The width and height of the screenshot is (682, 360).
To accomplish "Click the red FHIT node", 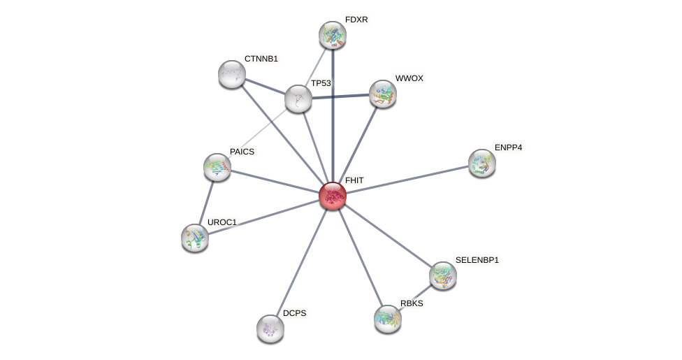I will click(333, 196).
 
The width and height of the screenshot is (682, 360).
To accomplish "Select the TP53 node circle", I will click(298, 99).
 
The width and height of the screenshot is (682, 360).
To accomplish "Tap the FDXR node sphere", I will click(333, 35).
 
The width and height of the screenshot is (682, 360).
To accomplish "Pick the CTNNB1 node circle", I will click(232, 74).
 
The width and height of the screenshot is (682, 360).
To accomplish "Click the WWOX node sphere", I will click(383, 94).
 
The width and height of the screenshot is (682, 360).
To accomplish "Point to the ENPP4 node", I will click(482, 163).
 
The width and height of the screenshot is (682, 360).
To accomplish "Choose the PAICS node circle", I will click(217, 167).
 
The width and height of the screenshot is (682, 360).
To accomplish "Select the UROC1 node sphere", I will click(195, 238).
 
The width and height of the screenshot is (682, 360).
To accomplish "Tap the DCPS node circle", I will click(270, 328).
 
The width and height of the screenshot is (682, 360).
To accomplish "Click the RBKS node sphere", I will click(388, 319).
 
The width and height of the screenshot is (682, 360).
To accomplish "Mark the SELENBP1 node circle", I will click(443, 275).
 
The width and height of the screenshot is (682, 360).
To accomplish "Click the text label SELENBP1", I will click(477, 260).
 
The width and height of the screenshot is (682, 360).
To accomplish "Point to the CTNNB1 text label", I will click(261, 59).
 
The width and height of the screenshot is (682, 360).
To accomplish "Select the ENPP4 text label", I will click(508, 147).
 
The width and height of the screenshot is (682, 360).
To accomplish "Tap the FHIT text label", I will click(354, 180).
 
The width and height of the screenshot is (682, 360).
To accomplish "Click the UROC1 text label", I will click(222, 222).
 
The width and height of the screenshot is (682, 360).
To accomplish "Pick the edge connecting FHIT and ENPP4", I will click(407, 180).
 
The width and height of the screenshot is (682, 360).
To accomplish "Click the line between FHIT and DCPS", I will click(302, 261).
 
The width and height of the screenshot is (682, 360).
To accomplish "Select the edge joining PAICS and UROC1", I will click(206, 202).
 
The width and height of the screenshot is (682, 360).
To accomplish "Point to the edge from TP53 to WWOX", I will click(340, 96).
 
